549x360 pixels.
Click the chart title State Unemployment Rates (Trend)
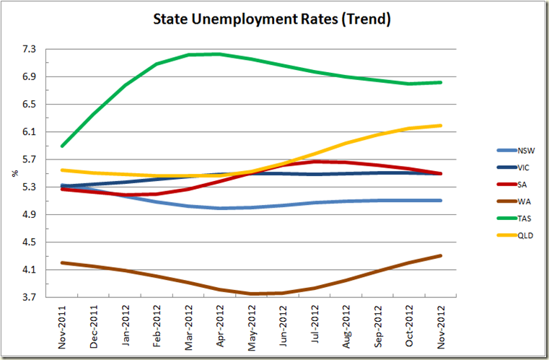click(272, 19)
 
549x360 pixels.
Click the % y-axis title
click(14, 174)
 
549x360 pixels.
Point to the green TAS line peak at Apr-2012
click(219, 54)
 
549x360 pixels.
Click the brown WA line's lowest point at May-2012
click(252, 294)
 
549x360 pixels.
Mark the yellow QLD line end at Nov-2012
click(441, 126)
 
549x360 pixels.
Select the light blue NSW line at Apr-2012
click(220, 208)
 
